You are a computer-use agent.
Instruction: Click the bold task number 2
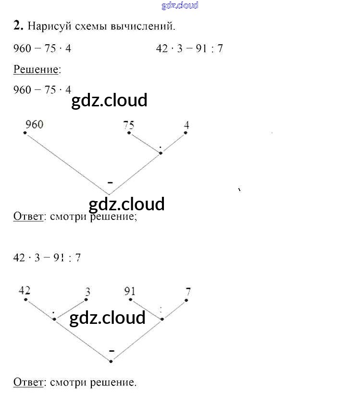18,26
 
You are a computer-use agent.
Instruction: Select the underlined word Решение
37,69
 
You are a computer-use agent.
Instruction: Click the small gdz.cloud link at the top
180,6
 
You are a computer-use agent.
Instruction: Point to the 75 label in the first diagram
128,126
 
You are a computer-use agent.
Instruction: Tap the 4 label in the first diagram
186,126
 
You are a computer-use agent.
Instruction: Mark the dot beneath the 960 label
25,133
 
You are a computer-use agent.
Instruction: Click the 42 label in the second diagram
25,290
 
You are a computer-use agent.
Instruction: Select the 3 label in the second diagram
87,291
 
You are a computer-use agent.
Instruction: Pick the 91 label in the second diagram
129,291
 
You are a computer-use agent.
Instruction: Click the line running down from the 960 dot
67,164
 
